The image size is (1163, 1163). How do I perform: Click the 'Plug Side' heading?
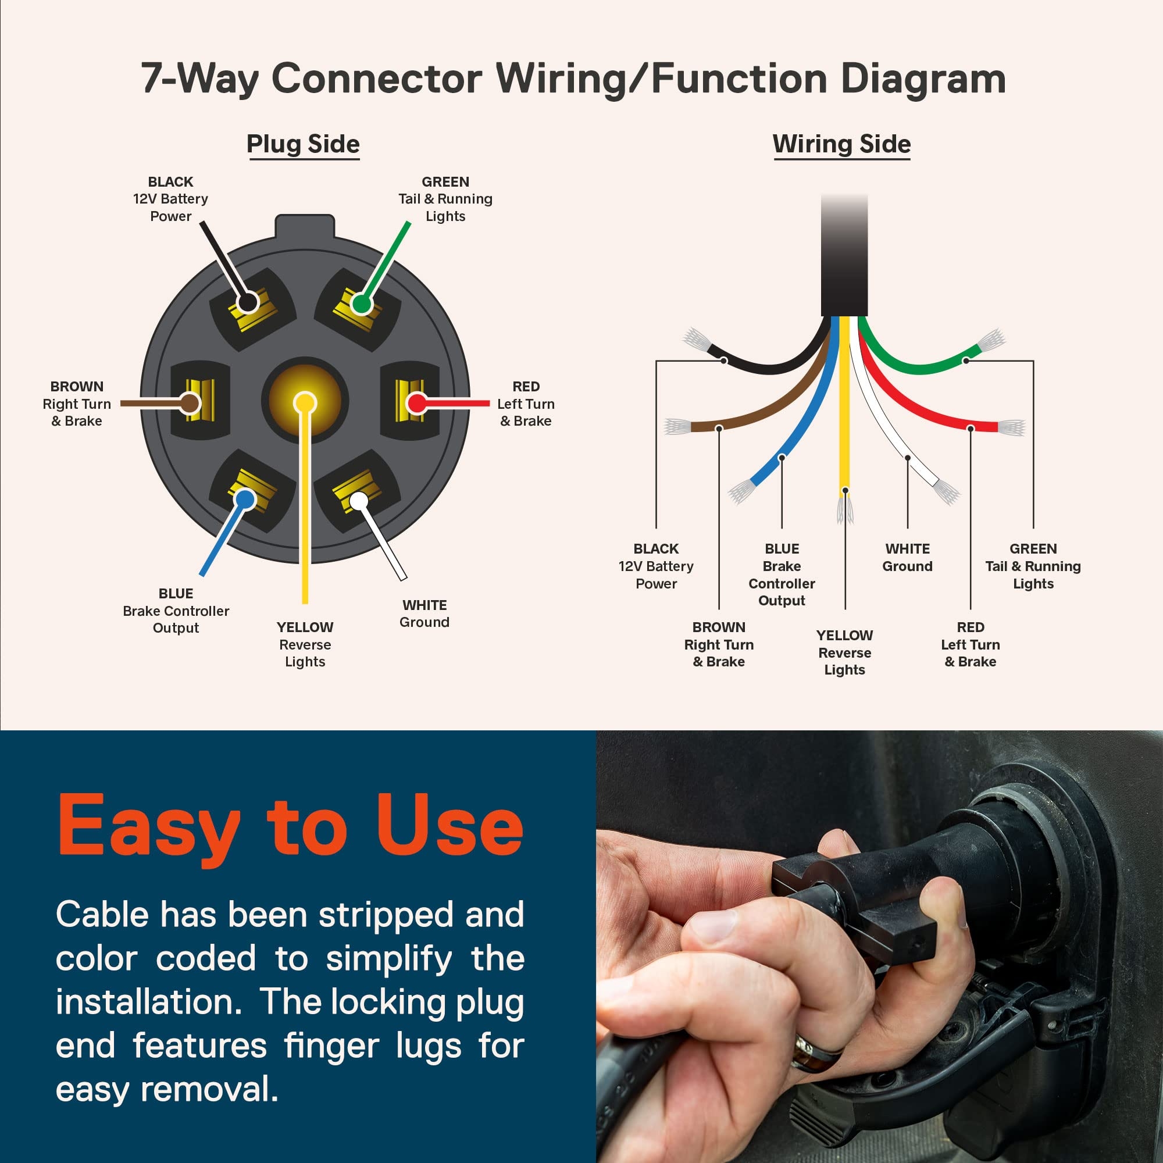303,144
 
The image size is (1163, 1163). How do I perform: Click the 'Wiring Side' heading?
841,144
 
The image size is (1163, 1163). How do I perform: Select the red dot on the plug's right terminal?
416,402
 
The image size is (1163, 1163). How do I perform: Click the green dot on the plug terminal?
361,304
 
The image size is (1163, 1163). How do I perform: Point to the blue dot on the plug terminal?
244,499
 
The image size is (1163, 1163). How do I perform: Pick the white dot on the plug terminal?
359,500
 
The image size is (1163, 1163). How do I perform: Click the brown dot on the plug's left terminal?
190,403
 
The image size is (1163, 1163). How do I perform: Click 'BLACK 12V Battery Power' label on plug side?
170,199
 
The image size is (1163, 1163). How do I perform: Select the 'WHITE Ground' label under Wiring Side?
907,558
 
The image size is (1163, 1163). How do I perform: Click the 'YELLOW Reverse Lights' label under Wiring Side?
844,652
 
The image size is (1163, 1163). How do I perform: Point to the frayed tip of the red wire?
1011,427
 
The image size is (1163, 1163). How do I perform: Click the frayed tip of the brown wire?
677,427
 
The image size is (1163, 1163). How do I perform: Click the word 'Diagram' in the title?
923,79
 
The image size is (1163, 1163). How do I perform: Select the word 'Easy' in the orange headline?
149,826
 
